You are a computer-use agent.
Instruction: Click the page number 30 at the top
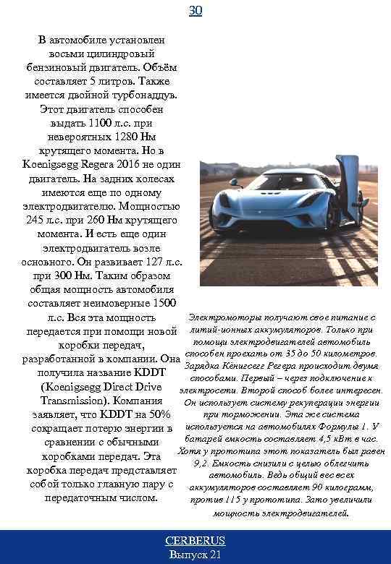pos(195,11)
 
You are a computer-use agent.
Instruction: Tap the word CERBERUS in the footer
pos(195,541)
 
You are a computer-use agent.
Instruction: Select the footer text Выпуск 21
pos(195,555)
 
